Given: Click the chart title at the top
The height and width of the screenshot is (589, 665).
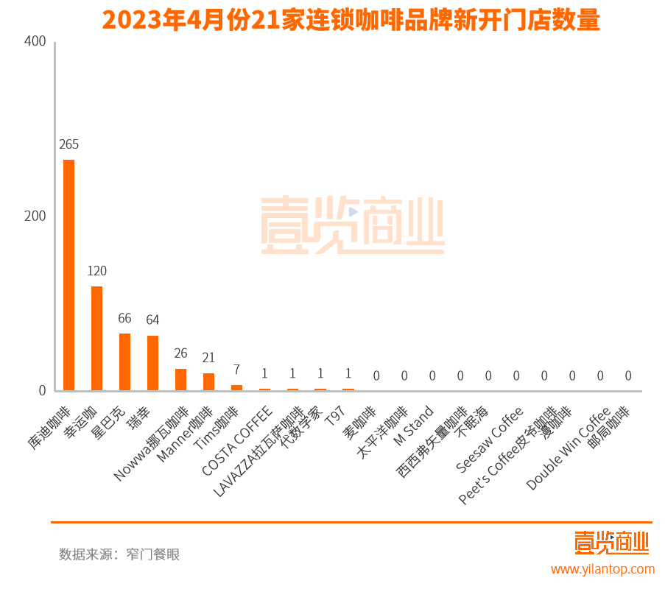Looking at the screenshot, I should coord(351,19).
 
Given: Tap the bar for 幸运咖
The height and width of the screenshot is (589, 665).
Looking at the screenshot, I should coord(96,338).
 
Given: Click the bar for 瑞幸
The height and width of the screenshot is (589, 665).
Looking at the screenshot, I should coord(152,363).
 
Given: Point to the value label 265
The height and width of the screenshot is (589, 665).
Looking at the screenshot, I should coord(68,144).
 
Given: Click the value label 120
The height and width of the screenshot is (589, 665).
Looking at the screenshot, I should coord(96,271).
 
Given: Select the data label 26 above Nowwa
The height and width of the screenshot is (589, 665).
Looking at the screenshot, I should coord(180,353).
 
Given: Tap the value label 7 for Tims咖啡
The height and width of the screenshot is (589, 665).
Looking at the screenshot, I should coord(236,370).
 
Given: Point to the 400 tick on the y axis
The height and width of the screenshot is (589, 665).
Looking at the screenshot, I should coord(35,43).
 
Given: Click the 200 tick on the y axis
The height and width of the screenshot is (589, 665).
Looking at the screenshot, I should coord(35,216).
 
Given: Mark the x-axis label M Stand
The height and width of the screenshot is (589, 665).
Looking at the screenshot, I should coord(414,426).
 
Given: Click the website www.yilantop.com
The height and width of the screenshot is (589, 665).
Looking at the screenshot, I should coord(602,569).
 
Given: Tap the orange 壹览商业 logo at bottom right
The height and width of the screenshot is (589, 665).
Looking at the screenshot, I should coord(611,543).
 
